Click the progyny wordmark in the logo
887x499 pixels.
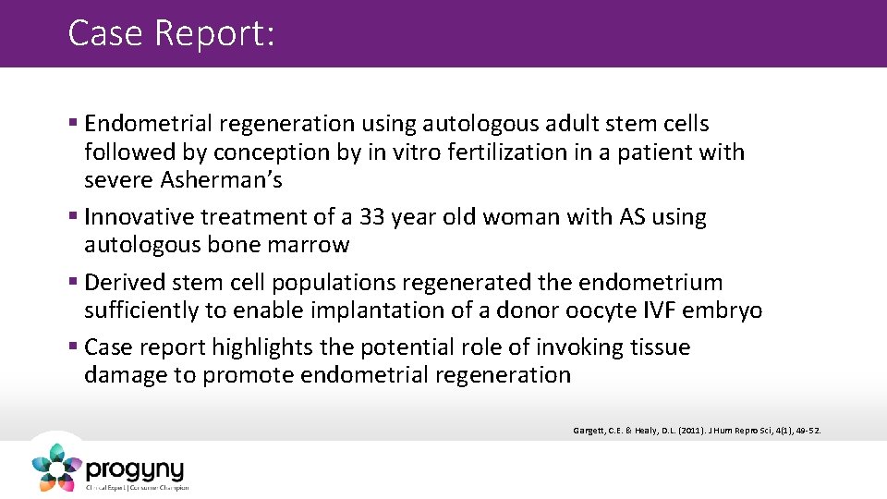point(135,469)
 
